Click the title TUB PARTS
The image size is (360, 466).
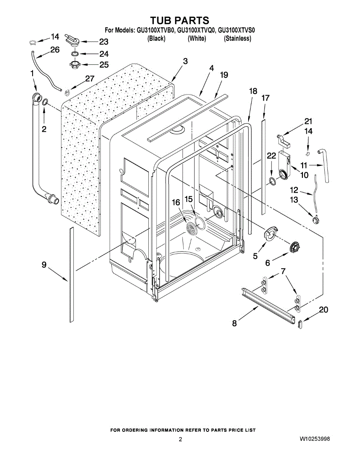tap(179, 20)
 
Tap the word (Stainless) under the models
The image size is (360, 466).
tap(237, 38)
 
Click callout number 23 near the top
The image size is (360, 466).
tap(103, 41)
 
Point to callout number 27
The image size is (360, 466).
tap(90, 78)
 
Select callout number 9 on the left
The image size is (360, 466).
tap(44, 265)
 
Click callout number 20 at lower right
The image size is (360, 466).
tap(323, 310)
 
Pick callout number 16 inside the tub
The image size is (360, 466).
tap(176, 202)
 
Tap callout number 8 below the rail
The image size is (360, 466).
tap(234, 323)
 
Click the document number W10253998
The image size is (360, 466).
tap(315, 439)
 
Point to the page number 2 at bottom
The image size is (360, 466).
tap(180, 439)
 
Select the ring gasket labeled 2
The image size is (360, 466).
tap(45, 102)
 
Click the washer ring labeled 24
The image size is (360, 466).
tap(76, 53)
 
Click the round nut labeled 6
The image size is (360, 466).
tap(296, 247)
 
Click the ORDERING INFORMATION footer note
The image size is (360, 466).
tap(183, 430)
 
